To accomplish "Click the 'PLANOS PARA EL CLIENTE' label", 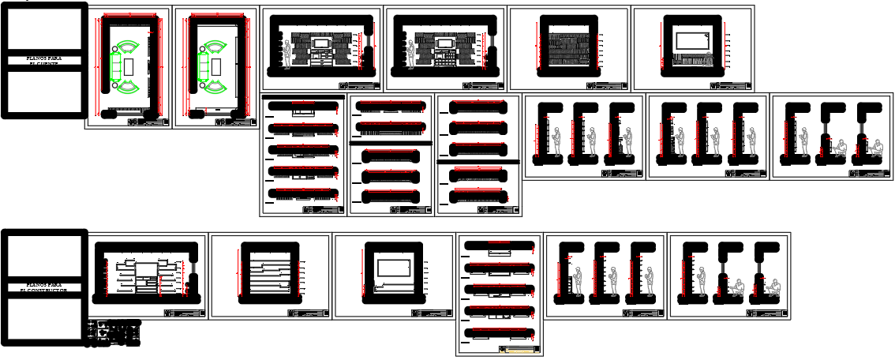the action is coord(43,60).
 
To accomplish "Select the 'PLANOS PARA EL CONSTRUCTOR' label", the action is coord(43,287).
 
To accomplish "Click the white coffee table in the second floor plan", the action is coord(216,66).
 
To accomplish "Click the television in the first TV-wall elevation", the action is coord(320,43).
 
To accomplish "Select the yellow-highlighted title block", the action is coord(521,350).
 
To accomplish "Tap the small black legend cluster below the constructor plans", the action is coord(114,332).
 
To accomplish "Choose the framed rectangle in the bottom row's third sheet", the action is coord(392,268).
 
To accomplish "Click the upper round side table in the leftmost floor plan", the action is coord(115,49).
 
